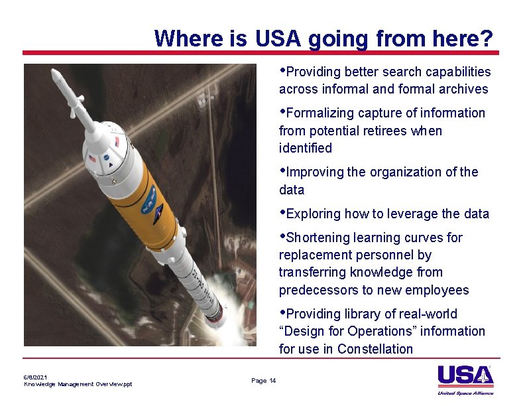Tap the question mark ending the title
coord(487,38)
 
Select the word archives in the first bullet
coord(463,89)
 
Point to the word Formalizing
coord(320,113)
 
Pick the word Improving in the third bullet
coord(315,172)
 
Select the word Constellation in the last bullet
coord(375,349)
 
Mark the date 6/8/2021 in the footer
coord(35,377)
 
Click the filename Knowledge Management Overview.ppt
coord(78,384)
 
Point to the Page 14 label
coord(264,380)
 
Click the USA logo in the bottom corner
coord(465,375)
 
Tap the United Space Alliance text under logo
coord(466,393)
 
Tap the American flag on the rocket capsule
coord(91,160)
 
